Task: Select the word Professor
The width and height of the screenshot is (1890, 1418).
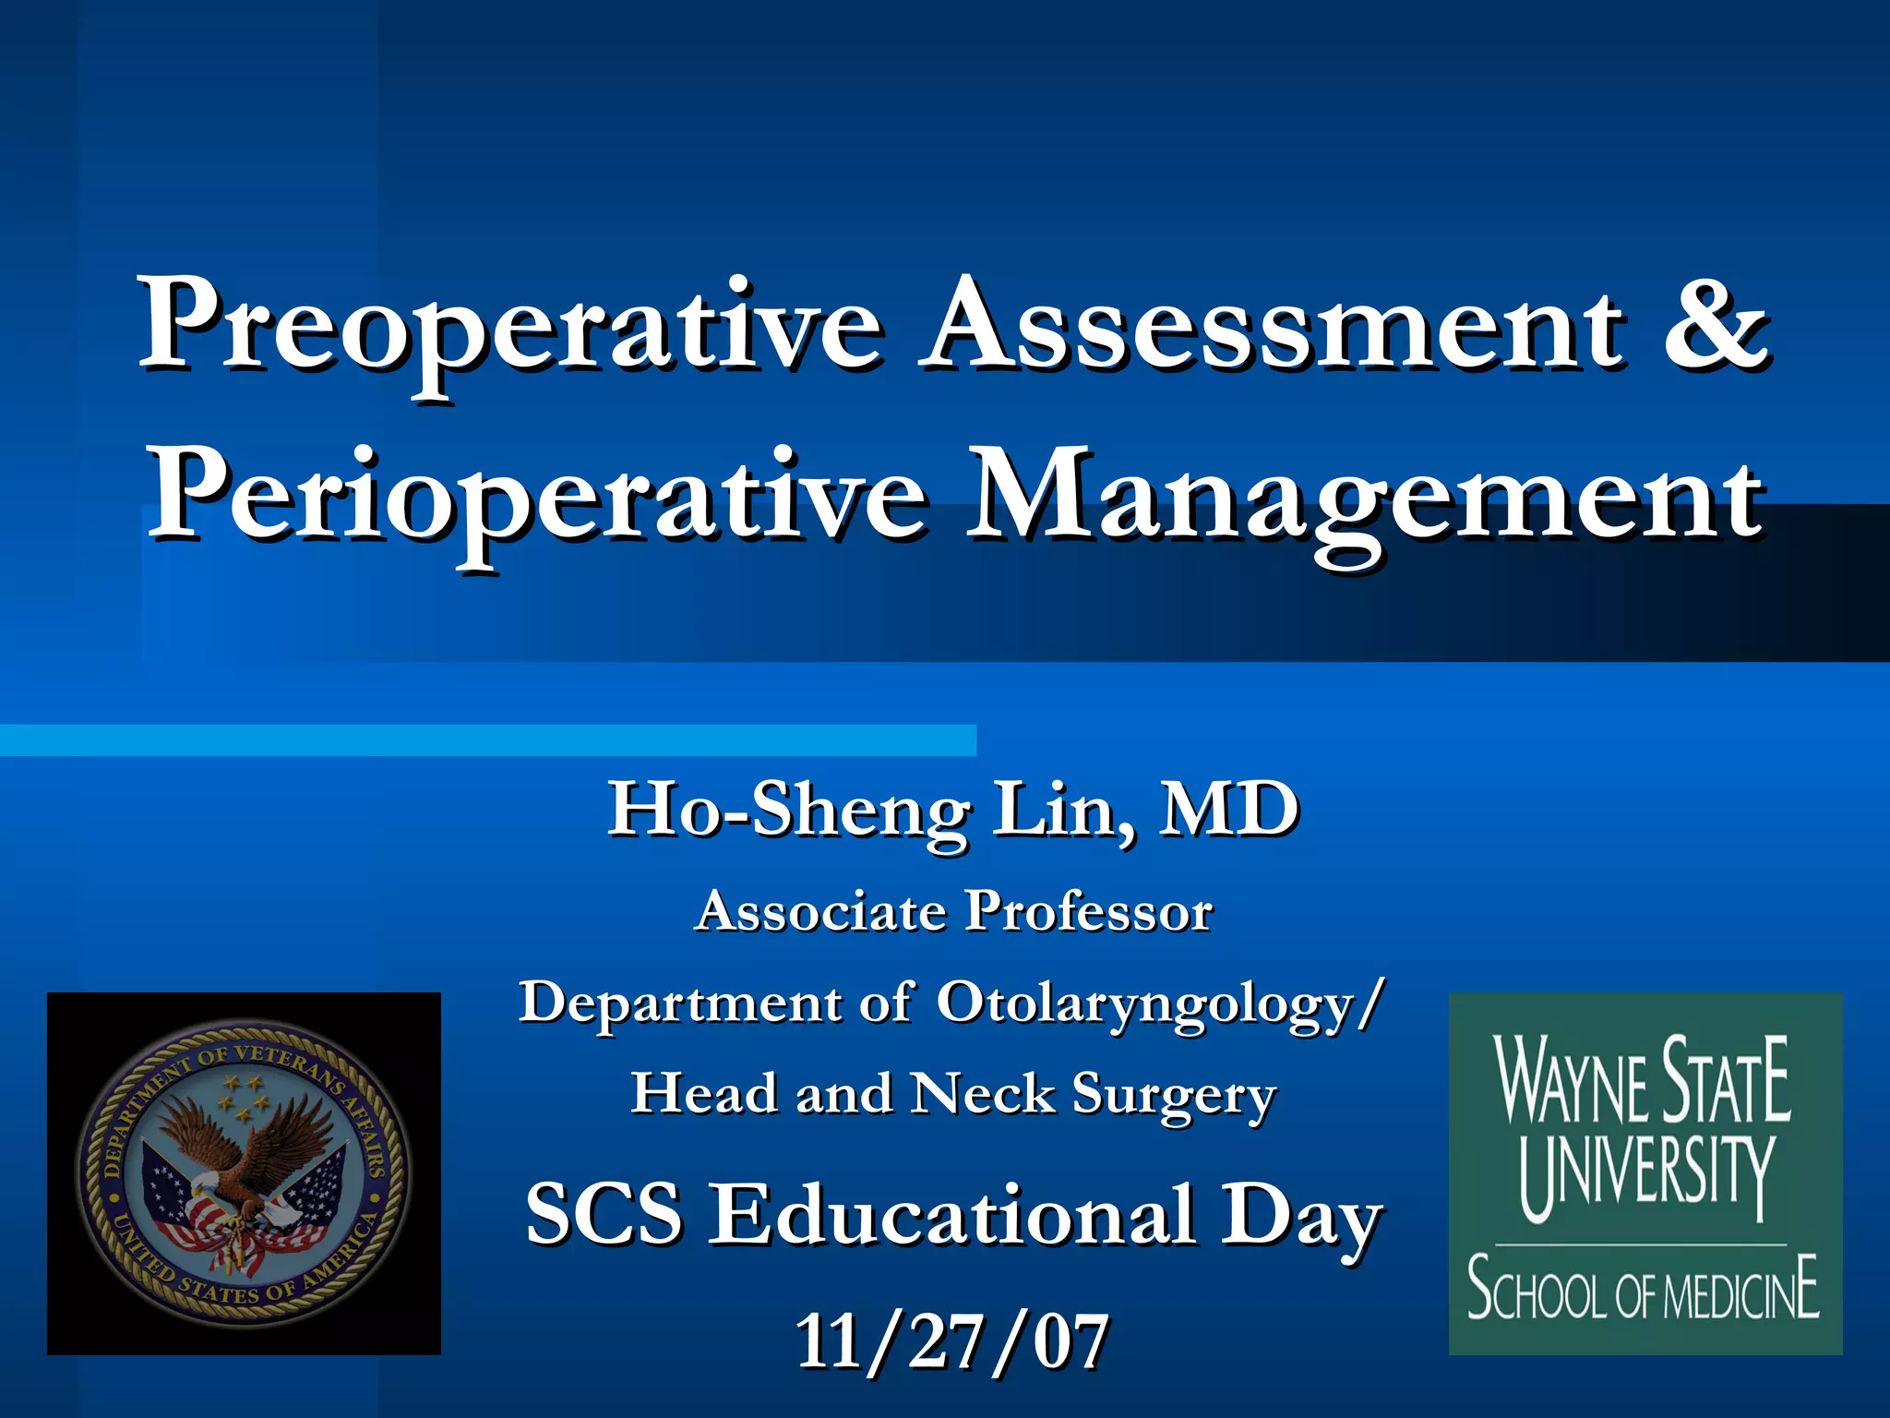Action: coord(1088,912)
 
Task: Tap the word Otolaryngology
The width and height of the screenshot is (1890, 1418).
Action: coord(1144,1003)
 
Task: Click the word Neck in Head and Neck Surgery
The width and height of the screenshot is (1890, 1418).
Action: coord(982,1094)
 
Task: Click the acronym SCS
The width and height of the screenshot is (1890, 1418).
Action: coord(604,1215)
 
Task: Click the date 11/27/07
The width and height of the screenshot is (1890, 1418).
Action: coord(952,1341)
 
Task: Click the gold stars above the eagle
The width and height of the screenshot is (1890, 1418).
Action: coord(243,1095)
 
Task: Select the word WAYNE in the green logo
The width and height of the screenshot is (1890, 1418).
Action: coord(1573,1080)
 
